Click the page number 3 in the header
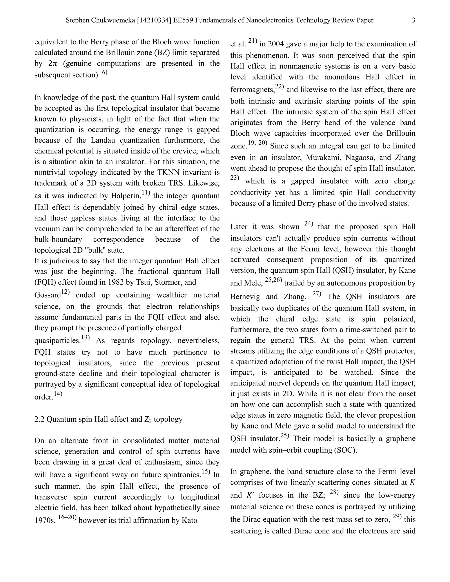point(414,20)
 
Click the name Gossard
point(48,295)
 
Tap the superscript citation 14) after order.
point(58,394)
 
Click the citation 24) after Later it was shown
point(308,224)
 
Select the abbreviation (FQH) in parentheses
point(45,282)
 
